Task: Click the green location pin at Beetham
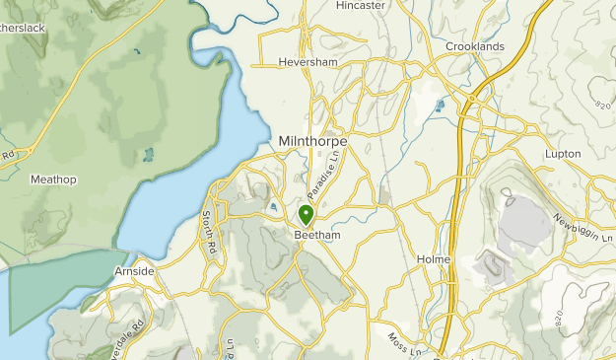(x=306, y=214)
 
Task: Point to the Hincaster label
(x=359, y=6)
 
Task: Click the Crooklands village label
(x=474, y=46)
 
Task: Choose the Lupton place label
(x=565, y=154)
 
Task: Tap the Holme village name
(x=434, y=259)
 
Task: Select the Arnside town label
(x=134, y=270)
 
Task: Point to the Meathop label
(x=53, y=179)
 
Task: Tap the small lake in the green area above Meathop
(x=148, y=155)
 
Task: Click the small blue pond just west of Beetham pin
(x=272, y=206)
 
